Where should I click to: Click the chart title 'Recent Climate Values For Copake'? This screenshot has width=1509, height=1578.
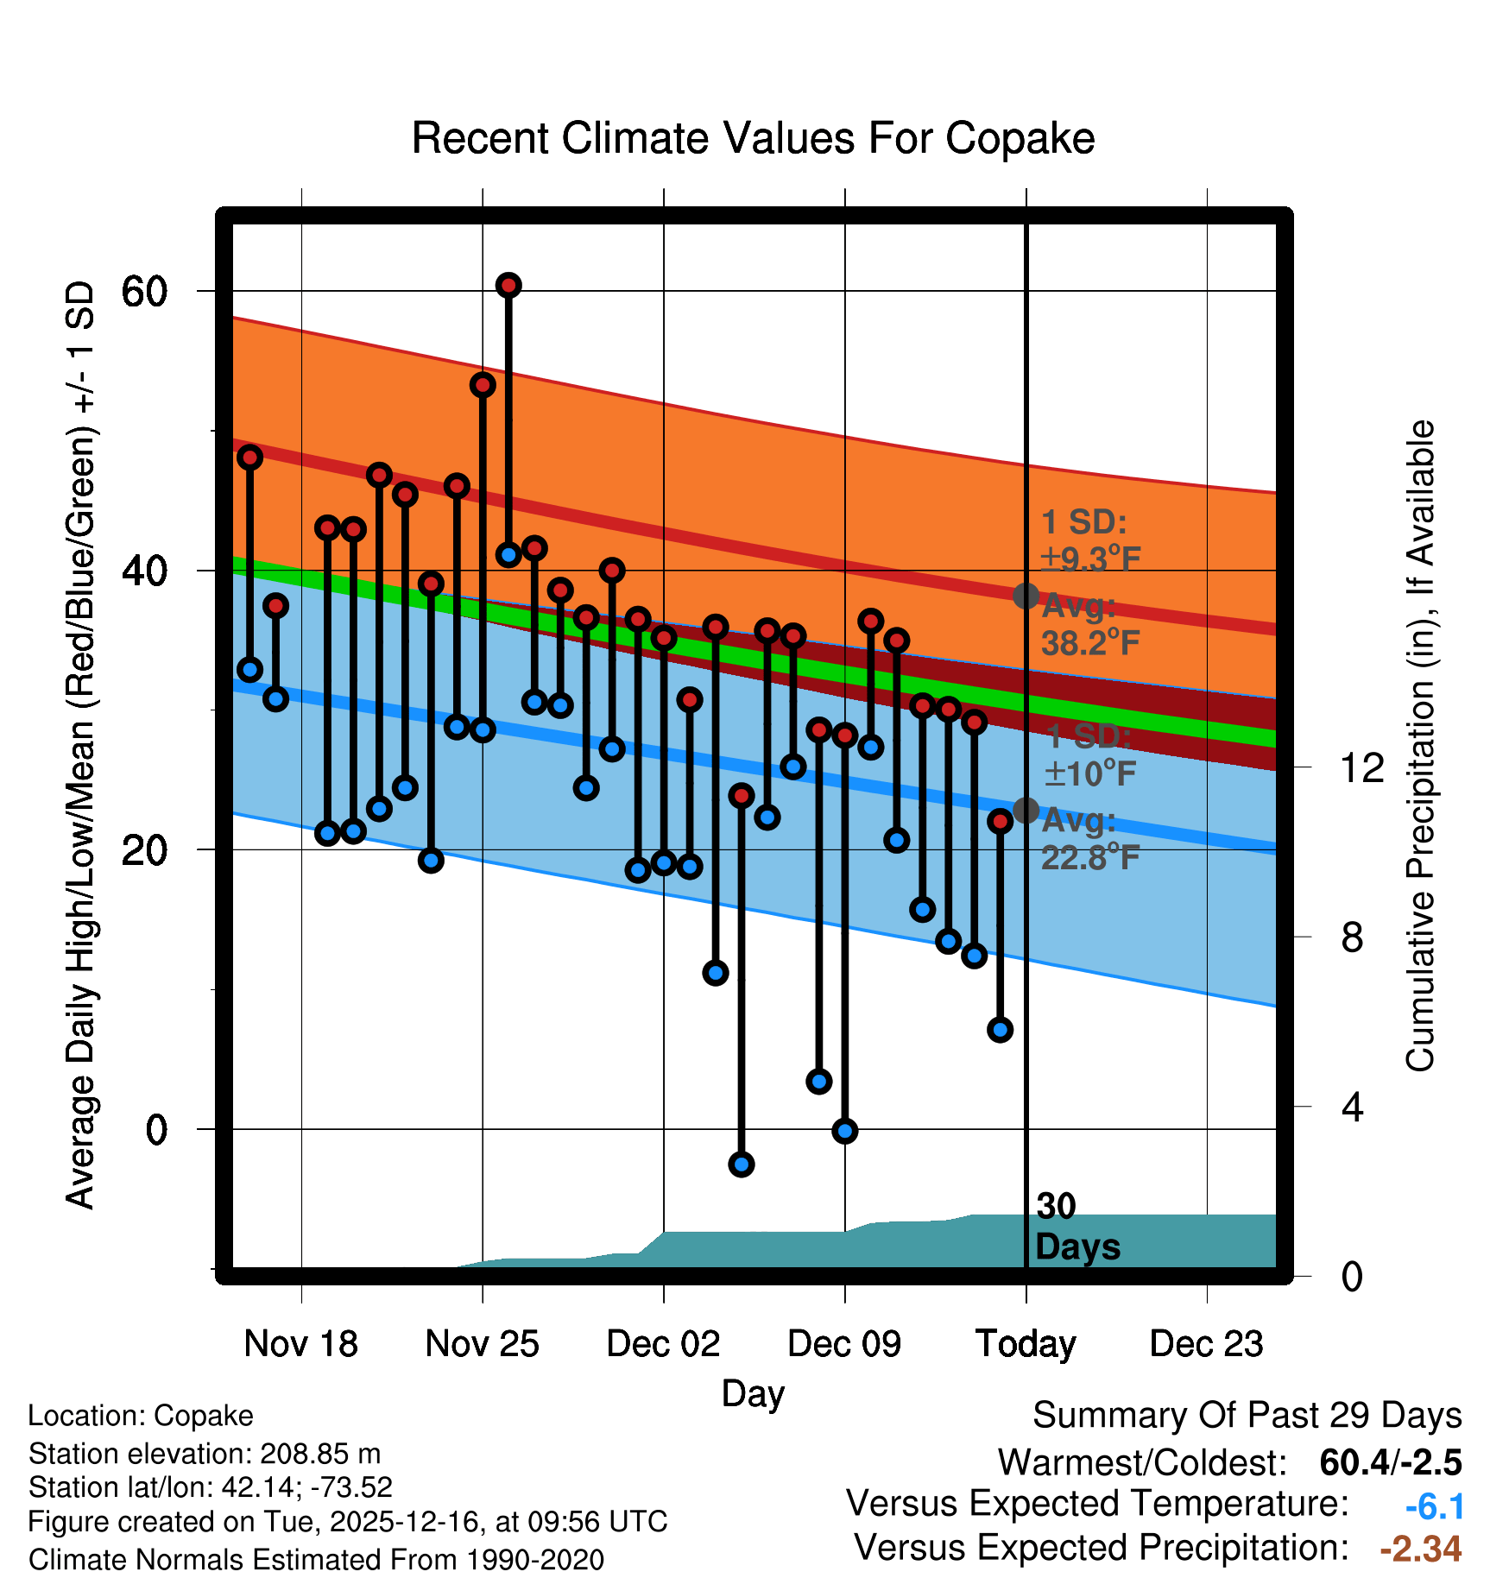click(753, 139)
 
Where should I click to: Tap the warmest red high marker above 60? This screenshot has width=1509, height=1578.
click(508, 286)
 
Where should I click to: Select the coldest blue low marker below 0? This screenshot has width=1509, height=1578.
click(741, 1165)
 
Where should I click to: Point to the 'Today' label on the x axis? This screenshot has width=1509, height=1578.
click(1026, 1343)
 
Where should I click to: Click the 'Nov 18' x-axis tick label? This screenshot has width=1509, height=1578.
click(300, 1343)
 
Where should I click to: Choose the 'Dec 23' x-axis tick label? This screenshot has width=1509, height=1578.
click(1206, 1343)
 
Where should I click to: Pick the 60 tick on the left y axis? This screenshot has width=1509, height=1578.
click(144, 292)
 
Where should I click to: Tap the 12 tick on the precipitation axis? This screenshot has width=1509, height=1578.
click(1361, 767)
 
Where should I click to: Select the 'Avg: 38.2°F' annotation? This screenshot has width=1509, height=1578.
click(1089, 625)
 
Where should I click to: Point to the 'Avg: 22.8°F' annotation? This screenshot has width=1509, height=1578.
click(1089, 839)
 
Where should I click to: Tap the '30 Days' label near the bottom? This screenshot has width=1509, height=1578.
click(1077, 1227)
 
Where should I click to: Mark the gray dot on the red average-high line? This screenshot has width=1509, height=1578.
click(1026, 596)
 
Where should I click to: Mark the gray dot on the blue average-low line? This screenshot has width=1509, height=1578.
click(1026, 810)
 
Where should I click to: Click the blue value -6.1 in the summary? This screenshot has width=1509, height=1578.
click(1434, 1506)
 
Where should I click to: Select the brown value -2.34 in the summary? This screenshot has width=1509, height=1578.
click(1420, 1549)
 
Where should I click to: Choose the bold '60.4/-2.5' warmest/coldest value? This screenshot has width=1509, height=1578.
click(1390, 1462)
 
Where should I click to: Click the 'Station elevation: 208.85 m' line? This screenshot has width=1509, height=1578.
click(205, 1454)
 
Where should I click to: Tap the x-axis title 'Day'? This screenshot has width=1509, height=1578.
click(753, 1393)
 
